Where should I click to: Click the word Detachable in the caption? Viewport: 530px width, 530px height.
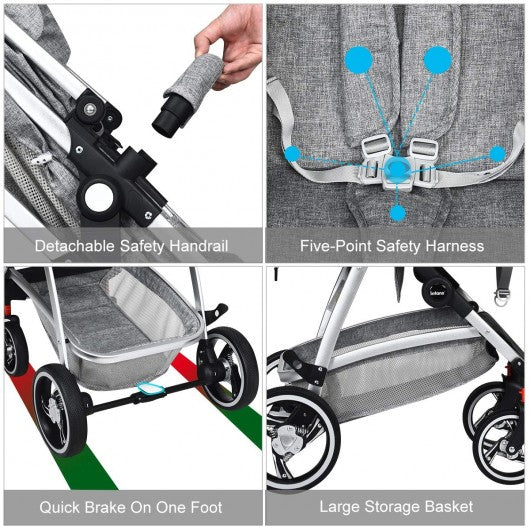click(75, 246)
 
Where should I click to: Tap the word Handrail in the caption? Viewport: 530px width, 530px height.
click(198, 246)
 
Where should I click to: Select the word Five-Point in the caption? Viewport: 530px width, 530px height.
click(335, 246)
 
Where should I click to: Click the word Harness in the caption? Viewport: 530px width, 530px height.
click(454, 246)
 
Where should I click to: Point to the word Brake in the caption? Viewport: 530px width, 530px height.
click(105, 507)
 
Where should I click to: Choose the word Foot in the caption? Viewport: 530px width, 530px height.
click(206, 507)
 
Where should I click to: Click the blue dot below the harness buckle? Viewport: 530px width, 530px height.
click(398, 213)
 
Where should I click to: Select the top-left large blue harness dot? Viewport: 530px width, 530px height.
click(359, 60)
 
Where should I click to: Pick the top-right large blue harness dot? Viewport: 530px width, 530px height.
click(438, 60)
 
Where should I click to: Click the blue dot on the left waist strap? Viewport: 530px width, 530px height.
click(292, 154)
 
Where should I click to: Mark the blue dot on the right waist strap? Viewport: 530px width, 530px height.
click(498, 154)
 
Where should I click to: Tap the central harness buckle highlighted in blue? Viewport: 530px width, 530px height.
click(397, 168)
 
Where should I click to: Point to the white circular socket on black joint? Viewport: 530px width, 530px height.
click(98, 197)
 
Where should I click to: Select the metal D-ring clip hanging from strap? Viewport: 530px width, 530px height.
click(502, 296)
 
